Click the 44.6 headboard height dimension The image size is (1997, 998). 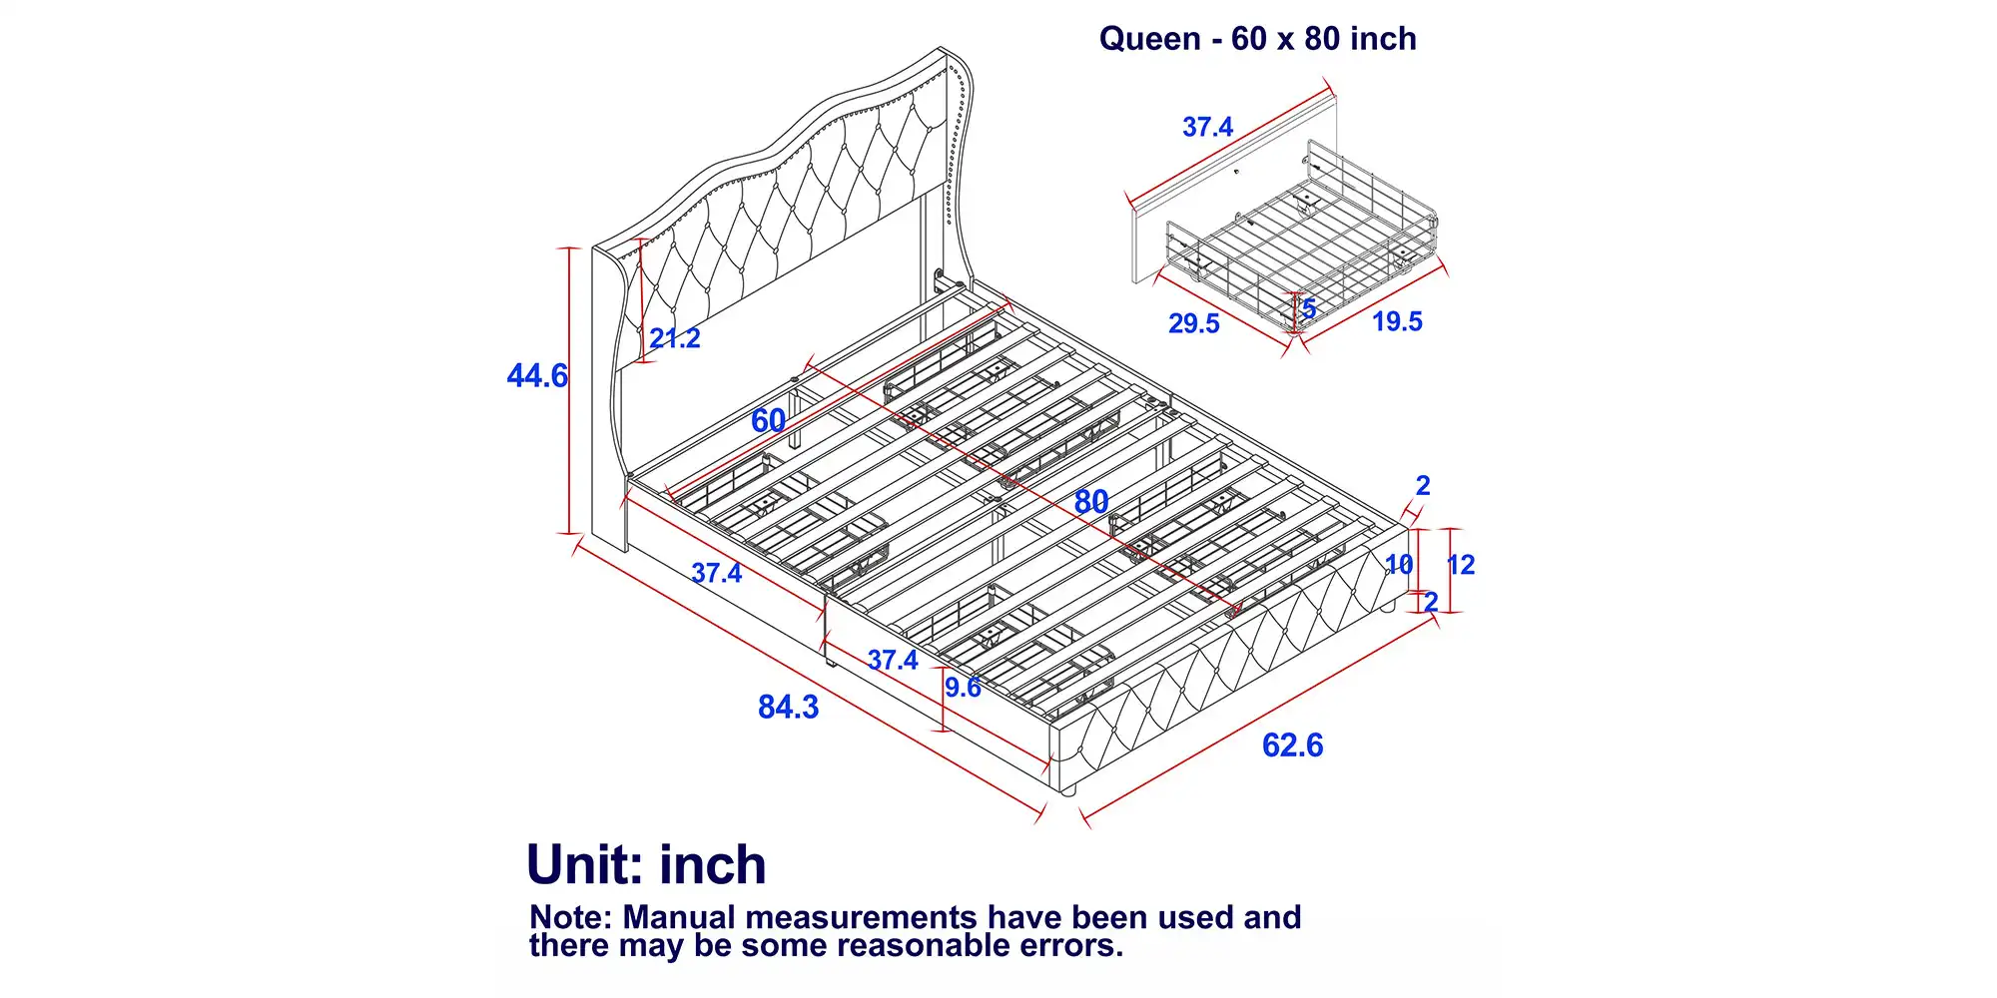pos(537,376)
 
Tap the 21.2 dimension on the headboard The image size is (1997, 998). pos(675,338)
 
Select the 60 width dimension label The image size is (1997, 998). pos(768,421)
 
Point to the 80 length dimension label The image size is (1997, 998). pos(1091,502)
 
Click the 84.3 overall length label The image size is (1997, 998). pos(788,708)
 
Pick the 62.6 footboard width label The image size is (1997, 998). pos(1292,746)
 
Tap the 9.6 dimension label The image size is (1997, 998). pos(963,687)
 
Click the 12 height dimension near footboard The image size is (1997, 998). pos(1461,565)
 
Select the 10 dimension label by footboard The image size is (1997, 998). pos(1399,565)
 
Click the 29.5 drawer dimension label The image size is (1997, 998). pos(1194,323)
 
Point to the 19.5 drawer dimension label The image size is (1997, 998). pos(1397,321)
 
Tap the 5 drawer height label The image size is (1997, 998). pos(1309,309)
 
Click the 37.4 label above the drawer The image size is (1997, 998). pos(1207,127)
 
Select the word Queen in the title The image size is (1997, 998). pos(1150,39)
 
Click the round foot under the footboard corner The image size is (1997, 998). pos(1067,789)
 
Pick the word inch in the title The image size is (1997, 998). pos(1382,39)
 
